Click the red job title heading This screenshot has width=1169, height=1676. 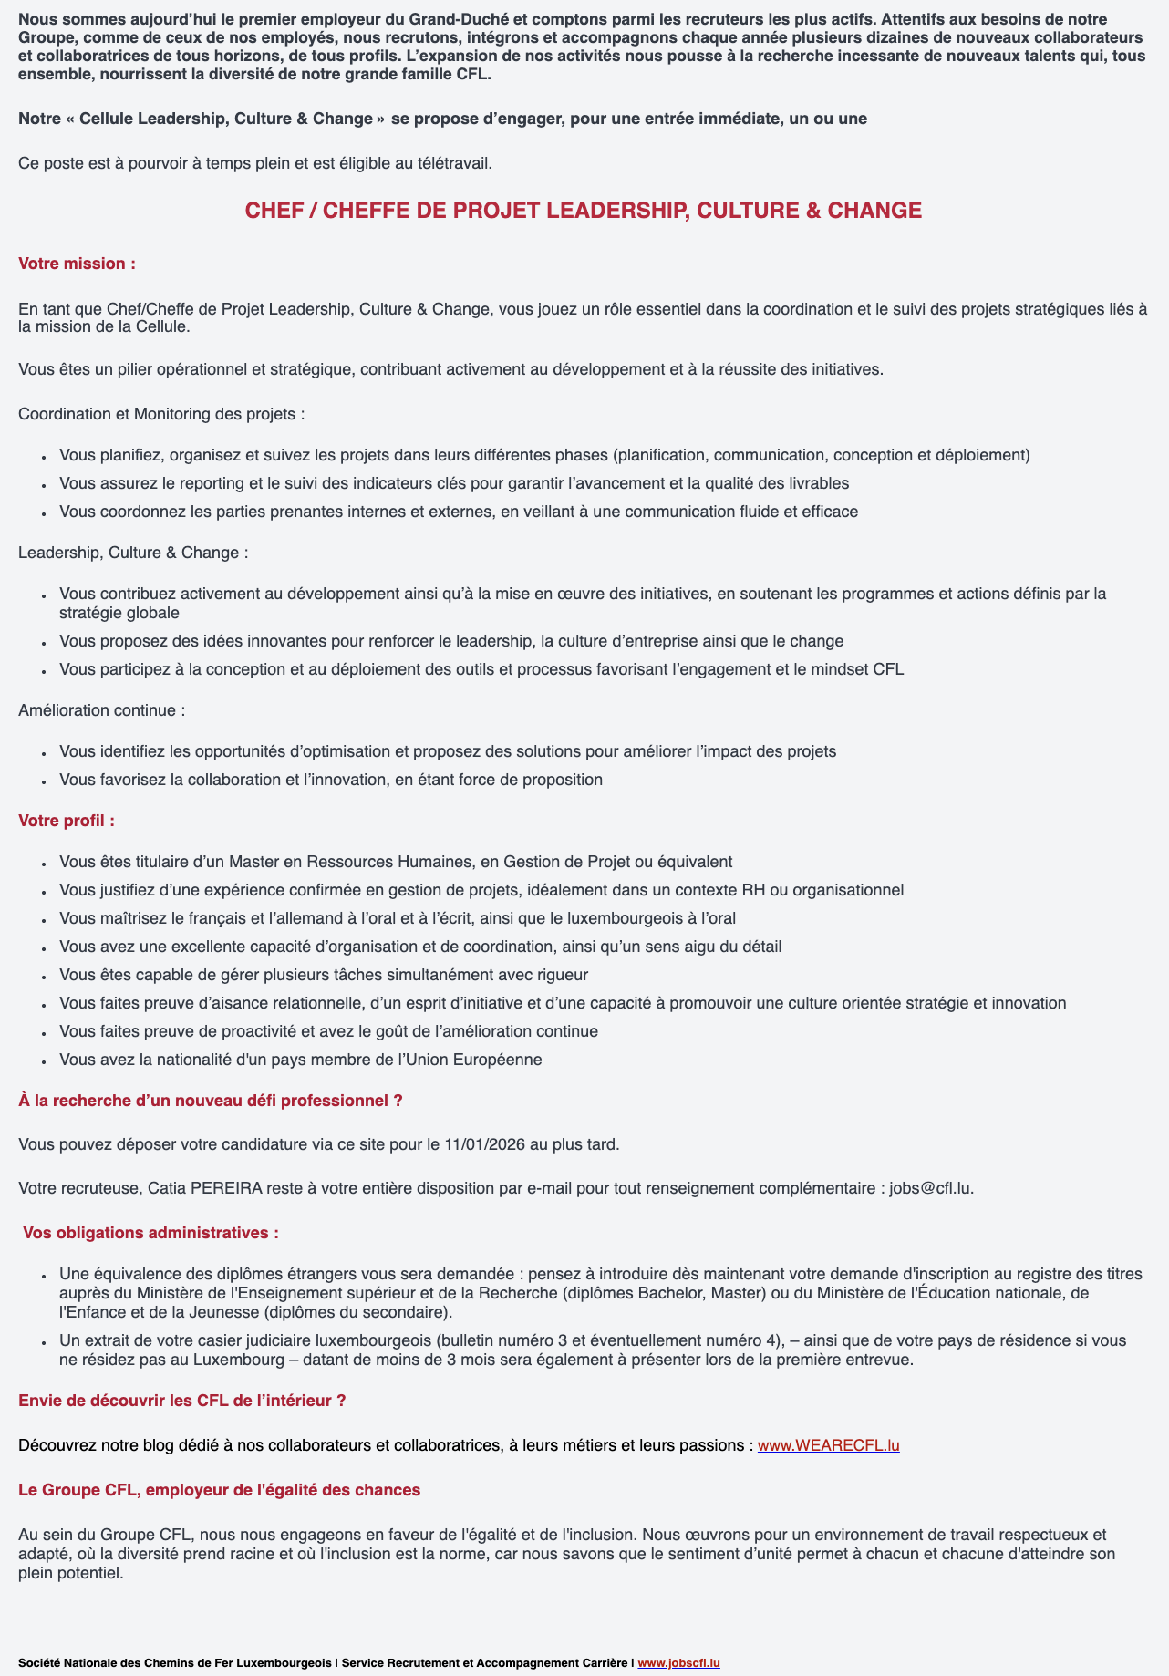point(584,211)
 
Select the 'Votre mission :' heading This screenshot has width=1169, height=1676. point(77,264)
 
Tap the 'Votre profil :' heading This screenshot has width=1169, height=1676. point(67,820)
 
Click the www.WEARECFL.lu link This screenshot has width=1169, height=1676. point(828,1445)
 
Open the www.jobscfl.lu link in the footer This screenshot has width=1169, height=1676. point(678,1663)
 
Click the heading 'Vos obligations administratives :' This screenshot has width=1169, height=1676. point(150,1233)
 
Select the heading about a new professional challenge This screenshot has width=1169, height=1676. point(211,1101)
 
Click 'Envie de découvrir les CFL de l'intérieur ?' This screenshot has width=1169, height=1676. point(182,1401)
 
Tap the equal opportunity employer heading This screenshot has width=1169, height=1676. point(220,1490)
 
